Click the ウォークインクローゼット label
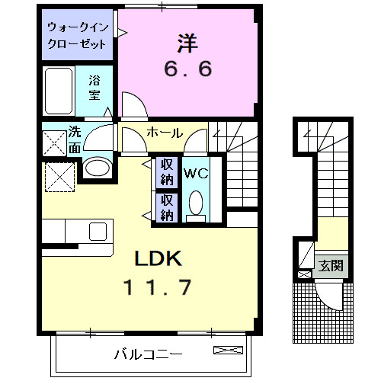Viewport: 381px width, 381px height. [x=76, y=36]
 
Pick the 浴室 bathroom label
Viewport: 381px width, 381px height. [x=94, y=85]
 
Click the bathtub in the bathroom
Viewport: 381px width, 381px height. [x=58, y=91]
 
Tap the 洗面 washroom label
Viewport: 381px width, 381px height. [x=74, y=139]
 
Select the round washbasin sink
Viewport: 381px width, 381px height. [x=96, y=167]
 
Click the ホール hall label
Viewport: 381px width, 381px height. [x=164, y=133]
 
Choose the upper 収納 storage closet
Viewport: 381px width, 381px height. [x=166, y=172]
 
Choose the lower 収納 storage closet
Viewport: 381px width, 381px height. [x=166, y=207]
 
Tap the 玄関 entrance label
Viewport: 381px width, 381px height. [x=330, y=266]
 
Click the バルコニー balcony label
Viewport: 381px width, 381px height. [x=148, y=354]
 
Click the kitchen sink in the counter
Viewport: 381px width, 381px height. [x=99, y=230]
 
